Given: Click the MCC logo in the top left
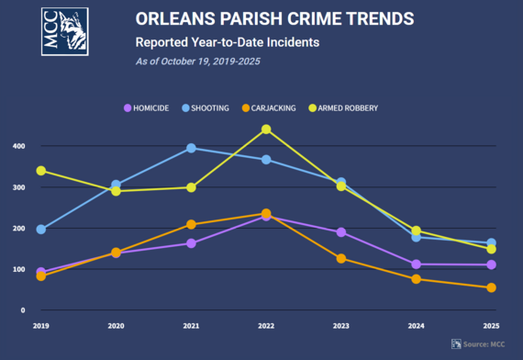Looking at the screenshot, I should click(65, 30).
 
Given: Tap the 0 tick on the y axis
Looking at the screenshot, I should click(21, 310).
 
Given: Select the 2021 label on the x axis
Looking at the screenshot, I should click(191, 326).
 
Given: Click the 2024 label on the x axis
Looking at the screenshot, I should click(416, 326).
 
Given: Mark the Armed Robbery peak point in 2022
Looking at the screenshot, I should click(266, 129).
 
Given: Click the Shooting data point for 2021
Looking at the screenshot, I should click(191, 148).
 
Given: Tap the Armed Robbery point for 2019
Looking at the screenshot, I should click(40, 171).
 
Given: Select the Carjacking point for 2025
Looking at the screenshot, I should click(491, 287).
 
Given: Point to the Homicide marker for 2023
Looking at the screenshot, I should click(341, 232).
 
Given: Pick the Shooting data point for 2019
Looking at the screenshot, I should click(40, 229).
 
